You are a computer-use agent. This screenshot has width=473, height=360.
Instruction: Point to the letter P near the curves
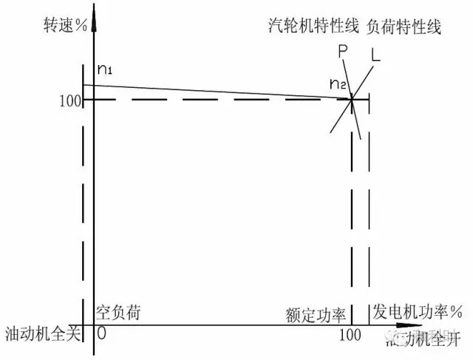342,52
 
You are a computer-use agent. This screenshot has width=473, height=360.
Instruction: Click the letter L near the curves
376,55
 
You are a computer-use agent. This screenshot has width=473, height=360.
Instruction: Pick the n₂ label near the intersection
338,83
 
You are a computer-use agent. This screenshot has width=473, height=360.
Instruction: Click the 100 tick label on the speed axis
70,100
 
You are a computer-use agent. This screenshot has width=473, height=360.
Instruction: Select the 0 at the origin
101,333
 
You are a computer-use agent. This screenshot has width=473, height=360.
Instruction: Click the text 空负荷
118,312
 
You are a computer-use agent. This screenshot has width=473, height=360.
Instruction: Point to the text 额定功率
316,315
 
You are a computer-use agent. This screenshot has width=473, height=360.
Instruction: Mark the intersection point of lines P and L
351,99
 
